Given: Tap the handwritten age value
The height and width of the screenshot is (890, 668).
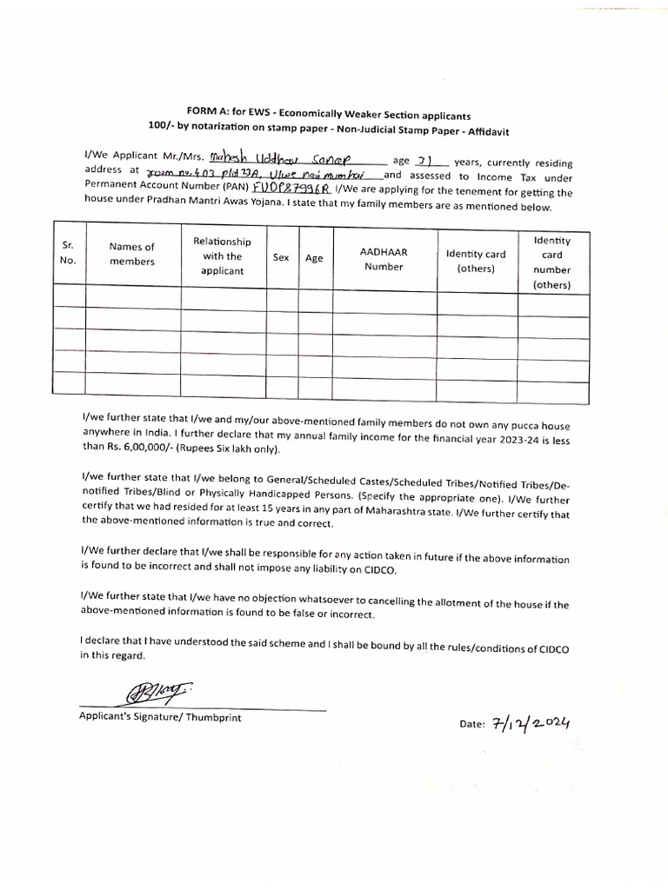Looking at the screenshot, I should pyautogui.click(x=424, y=161).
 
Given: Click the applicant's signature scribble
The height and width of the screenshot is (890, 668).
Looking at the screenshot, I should pyautogui.click(x=152, y=694).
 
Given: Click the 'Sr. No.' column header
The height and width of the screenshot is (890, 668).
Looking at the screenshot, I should pyautogui.click(x=69, y=252).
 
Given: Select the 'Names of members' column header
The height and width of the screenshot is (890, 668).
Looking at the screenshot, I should pyautogui.click(x=132, y=254).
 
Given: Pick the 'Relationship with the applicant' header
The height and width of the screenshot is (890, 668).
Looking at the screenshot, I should pyautogui.click(x=223, y=256).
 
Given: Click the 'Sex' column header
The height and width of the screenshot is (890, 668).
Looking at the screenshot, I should pyautogui.click(x=281, y=258).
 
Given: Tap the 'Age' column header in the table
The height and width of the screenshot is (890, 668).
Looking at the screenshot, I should pyautogui.click(x=314, y=258).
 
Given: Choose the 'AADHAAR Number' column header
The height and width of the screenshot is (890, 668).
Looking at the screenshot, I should pyautogui.click(x=384, y=259).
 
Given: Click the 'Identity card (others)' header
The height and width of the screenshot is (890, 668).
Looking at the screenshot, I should pyautogui.click(x=475, y=261).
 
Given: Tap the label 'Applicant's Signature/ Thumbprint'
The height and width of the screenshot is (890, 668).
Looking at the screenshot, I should pyautogui.click(x=160, y=718).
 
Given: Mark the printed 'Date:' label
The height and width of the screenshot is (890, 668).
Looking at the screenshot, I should pyautogui.click(x=471, y=727).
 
